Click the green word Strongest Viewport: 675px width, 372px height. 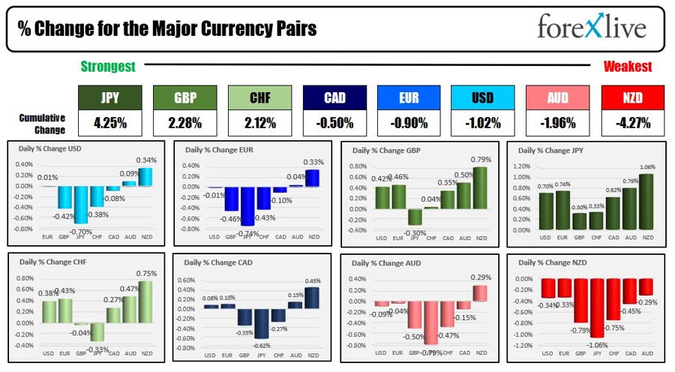click(108, 67)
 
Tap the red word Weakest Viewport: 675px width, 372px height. click(628, 67)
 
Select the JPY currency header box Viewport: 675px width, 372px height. click(110, 97)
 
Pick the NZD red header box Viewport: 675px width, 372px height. click(633, 97)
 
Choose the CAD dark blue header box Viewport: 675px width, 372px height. click(334, 97)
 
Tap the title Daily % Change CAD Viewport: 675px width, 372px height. click(219, 262)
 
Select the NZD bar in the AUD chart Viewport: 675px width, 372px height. click(478, 293)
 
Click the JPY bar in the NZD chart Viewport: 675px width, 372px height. click(596, 307)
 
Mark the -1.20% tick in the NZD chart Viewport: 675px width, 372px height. click(524, 346)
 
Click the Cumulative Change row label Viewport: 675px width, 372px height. click(43, 123)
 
